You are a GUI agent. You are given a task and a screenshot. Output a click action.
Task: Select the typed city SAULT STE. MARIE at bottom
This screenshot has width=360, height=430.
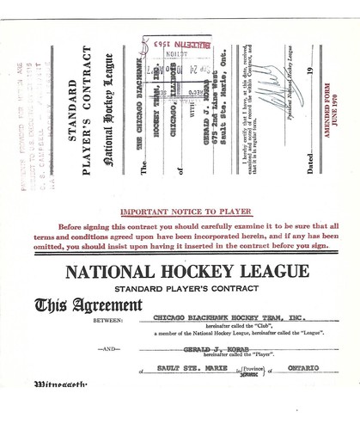185,368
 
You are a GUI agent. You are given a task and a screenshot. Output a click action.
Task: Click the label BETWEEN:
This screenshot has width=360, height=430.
108,318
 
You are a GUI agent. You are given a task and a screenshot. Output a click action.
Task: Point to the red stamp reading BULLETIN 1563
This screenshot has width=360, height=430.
176,46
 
